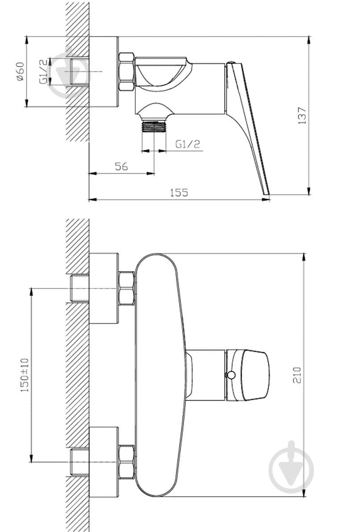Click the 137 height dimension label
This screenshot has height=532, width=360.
301,115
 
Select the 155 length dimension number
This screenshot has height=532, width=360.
179,193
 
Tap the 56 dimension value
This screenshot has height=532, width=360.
121,167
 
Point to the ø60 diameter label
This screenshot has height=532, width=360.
20,71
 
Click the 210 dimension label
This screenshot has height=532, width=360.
297,375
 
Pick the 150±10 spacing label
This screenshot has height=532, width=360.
25,375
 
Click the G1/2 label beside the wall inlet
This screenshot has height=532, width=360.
43,71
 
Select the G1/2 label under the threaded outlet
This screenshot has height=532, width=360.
188,144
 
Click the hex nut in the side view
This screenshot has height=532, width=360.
126,71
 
